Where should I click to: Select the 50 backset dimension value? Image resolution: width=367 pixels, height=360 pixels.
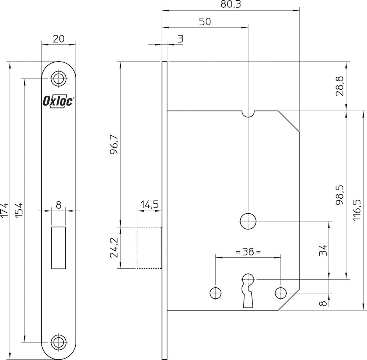205,22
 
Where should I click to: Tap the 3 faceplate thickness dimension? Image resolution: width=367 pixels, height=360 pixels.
180,39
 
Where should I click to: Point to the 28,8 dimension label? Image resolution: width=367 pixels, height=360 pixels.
340,86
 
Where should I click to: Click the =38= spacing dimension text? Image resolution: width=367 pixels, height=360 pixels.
248,252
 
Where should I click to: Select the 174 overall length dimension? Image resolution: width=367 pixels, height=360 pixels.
4,210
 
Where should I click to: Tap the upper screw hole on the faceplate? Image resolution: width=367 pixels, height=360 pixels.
58,78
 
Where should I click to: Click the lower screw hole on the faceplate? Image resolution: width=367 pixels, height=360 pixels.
58,342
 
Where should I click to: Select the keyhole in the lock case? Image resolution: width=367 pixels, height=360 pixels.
248,287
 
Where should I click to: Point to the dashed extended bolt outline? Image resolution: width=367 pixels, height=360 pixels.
148,248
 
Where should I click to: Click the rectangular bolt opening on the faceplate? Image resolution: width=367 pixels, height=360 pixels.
59,248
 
